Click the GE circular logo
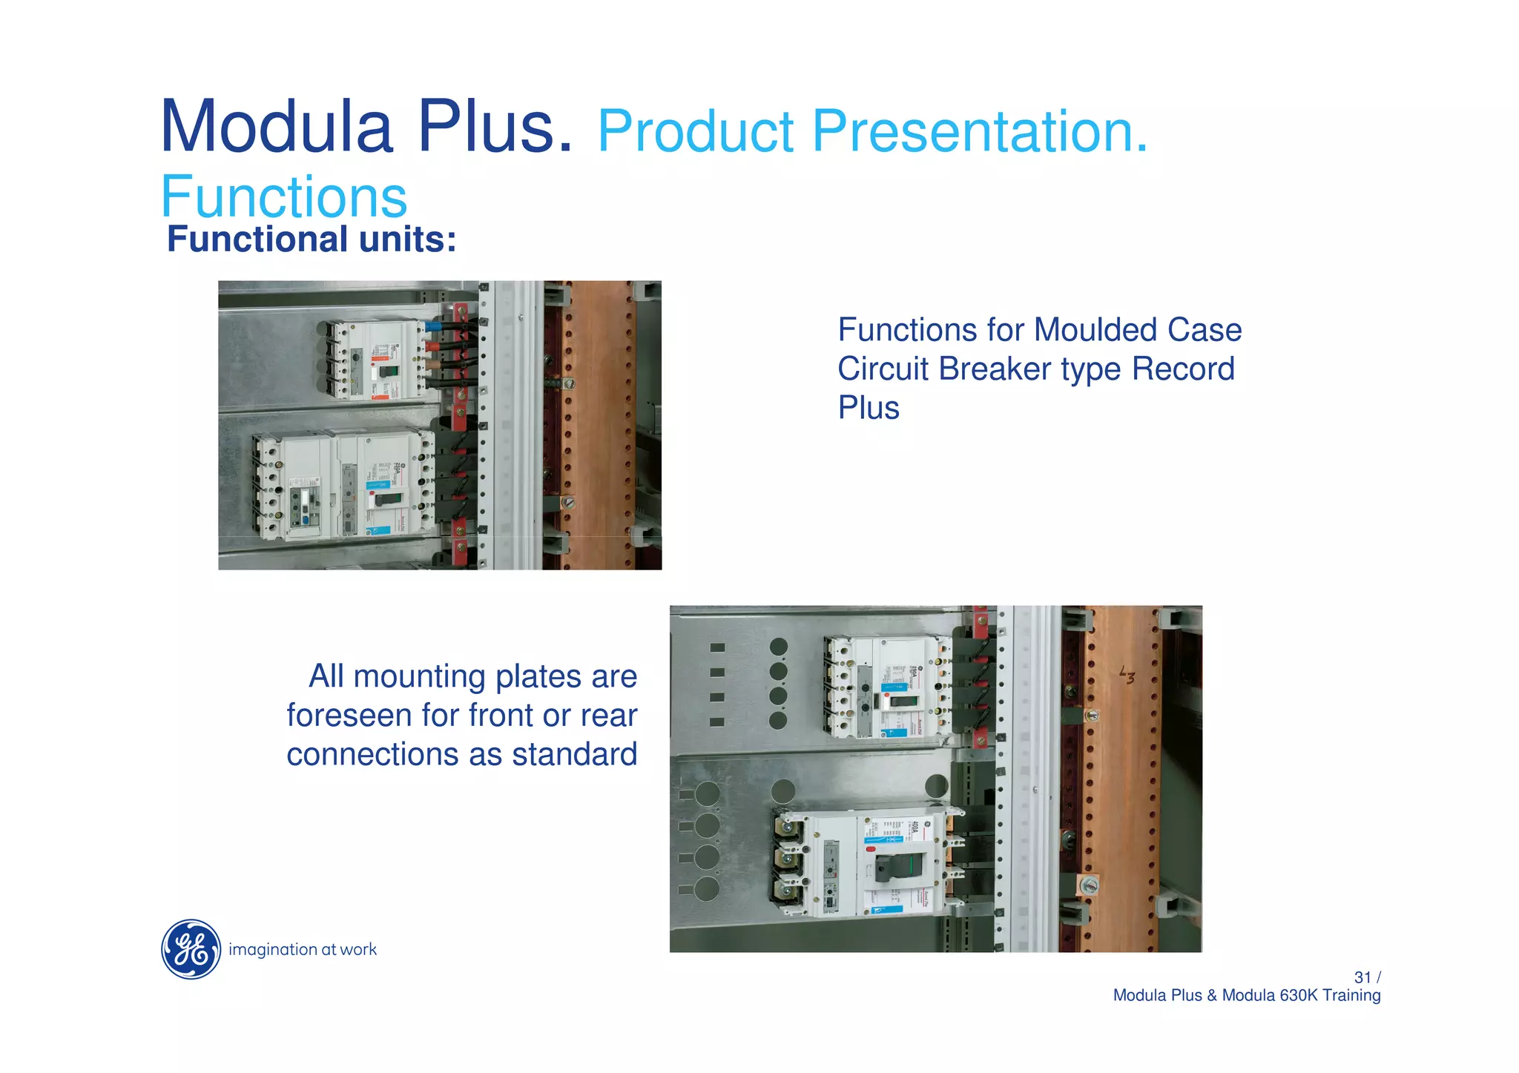[191, 949]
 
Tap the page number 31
[1362, 977]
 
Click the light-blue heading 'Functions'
[283, 197]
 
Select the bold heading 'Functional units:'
[312, 240]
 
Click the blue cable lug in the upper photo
[433, 326]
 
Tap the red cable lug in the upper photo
[432, 345]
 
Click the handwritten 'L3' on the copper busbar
[1127, 675]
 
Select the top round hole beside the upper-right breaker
[778, 647]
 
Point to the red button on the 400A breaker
[871, 849]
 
